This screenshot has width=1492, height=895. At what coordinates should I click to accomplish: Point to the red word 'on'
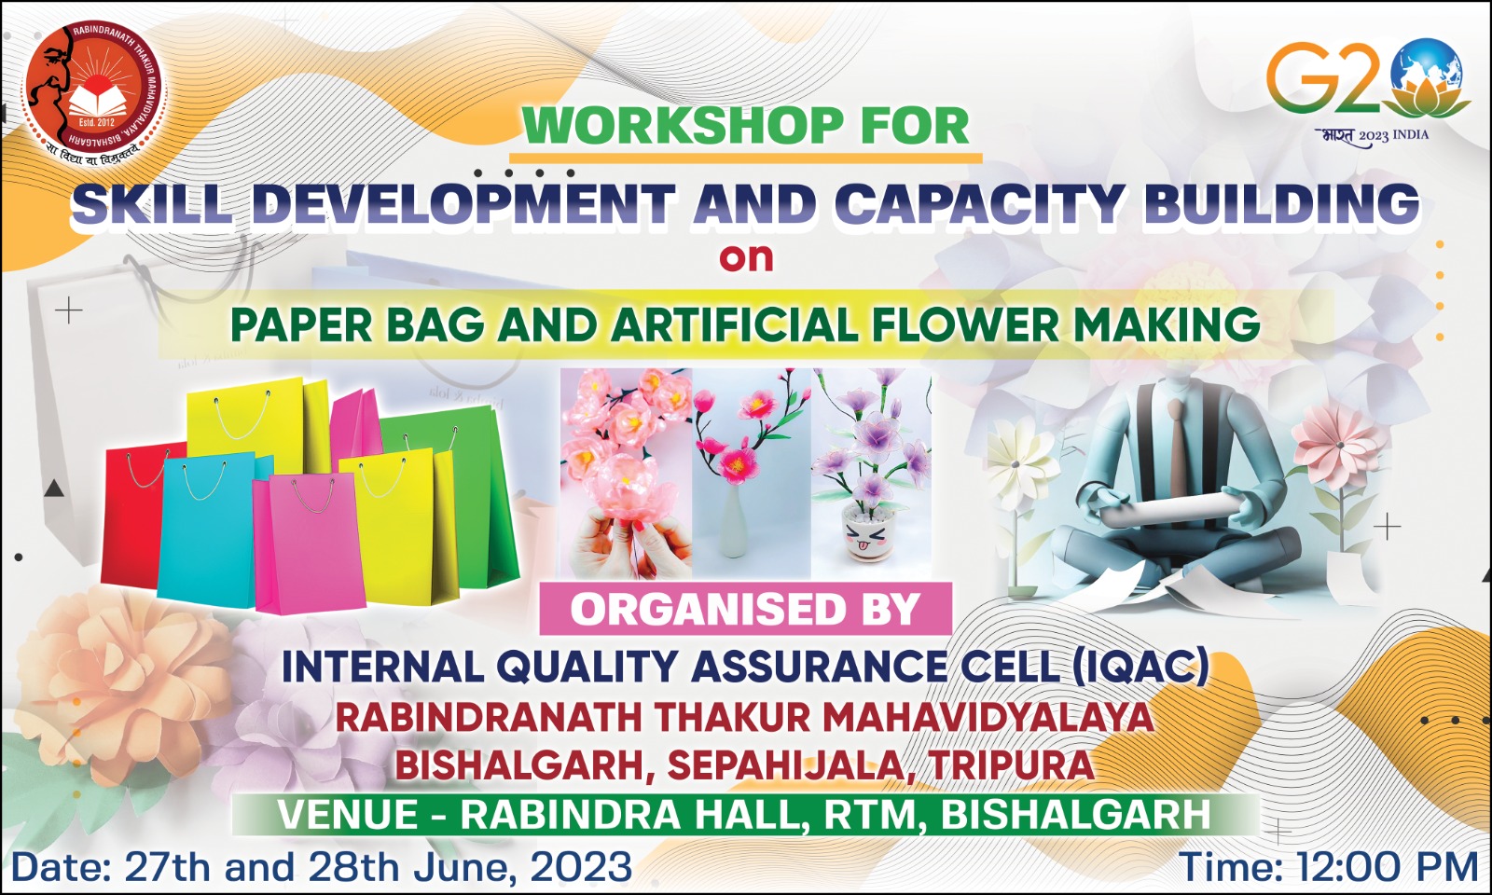pyautogui.click(x=746, y=257)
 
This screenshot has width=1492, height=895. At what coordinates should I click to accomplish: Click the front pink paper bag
pyautogui.click(x=309, y=543)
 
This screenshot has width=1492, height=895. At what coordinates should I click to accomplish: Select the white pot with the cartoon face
pyautogui.click(x=866, y=532)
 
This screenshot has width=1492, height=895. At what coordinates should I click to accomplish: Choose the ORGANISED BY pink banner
pyautogui.click(x=745, y=608)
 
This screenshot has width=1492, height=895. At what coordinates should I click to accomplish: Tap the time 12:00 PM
pyautogui.click(x=1388, y=868)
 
